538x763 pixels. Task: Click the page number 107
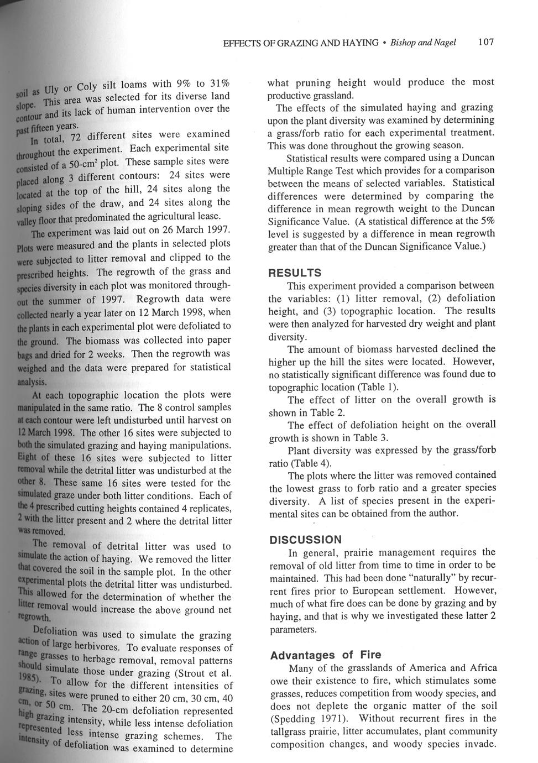[486, 42]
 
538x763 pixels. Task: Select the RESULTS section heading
[295, 273]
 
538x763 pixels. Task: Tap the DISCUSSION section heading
[306, 539]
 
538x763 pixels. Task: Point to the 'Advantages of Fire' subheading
[326, 655]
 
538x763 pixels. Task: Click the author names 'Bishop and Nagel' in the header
[423, 43]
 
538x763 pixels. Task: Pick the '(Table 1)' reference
[379, 387]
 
